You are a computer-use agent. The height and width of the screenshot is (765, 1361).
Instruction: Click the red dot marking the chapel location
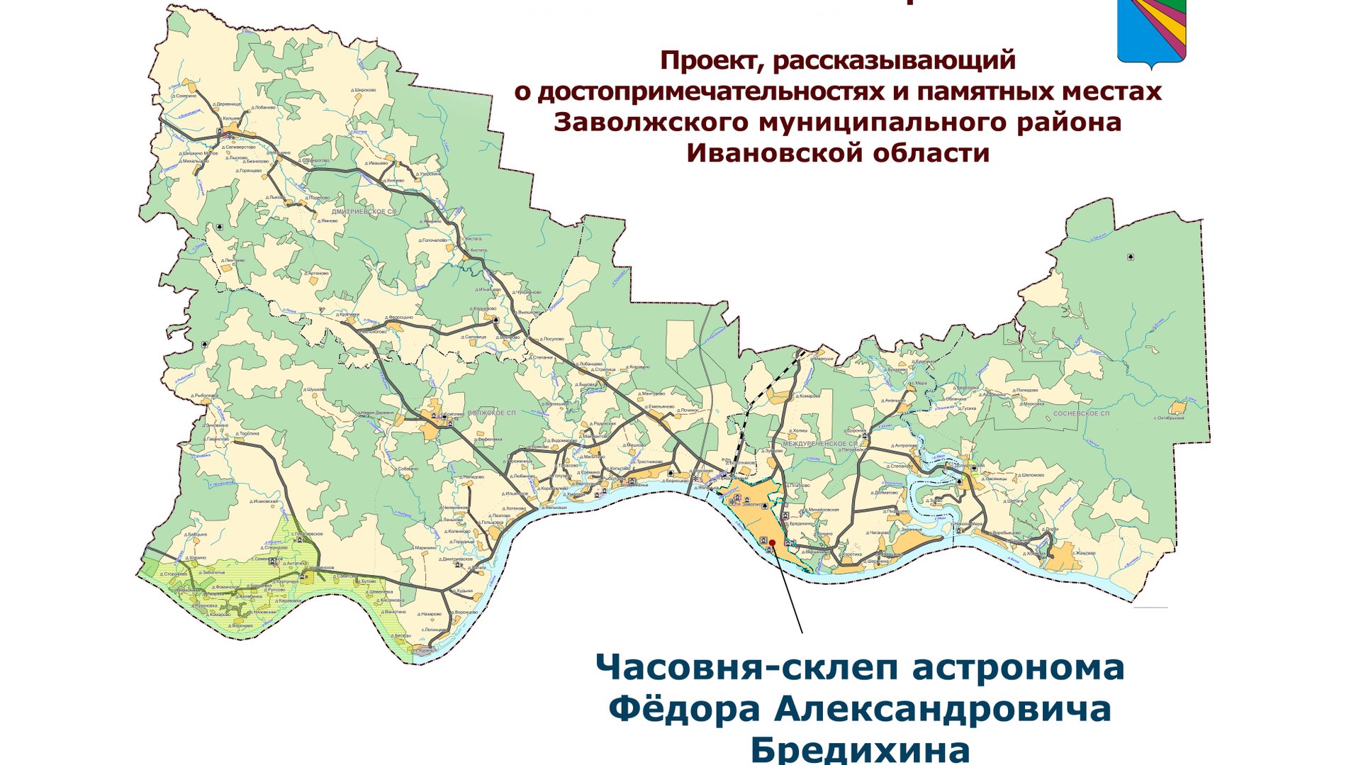(x=772, y=542)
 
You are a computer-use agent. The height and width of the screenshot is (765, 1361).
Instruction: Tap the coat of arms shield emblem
(x=1151, y=32)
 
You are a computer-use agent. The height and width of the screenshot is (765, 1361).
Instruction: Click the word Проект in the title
(x=710, y=61)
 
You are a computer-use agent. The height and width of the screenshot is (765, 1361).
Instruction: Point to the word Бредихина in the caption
(x=860, y=749)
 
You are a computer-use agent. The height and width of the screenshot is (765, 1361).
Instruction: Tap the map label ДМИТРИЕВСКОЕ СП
(x=364, y=211)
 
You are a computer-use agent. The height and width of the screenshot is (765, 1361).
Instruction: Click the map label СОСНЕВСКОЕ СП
(x=1081, y=413)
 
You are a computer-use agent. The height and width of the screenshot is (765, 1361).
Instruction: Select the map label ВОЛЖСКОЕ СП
(x=492, y=413)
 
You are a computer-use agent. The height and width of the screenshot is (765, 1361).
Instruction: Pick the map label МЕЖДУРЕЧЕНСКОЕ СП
(x=820, y=444)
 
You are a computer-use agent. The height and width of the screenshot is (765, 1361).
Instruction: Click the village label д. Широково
(x=364, y=91)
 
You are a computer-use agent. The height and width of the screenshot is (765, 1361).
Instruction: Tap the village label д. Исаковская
(x=264, y=501)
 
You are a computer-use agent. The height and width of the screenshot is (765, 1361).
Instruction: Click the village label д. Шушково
(x=315, y=389)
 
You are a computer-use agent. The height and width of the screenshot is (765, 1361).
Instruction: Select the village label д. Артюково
(x=317, y=273)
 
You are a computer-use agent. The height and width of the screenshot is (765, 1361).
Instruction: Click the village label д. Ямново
(x=327, y=220)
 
